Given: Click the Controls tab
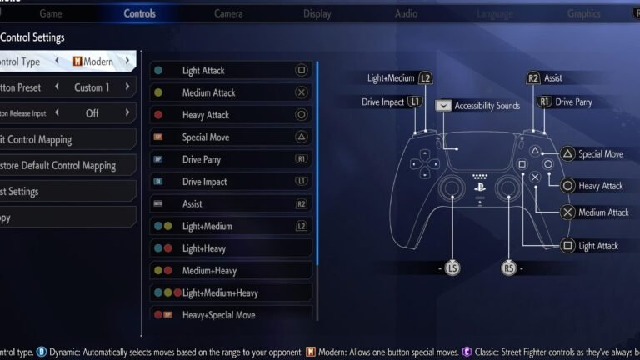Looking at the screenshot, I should click(139, 13).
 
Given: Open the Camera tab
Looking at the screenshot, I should click(228, 13).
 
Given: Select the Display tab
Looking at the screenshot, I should click(317, 13).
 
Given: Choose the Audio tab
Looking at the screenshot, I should click(406, 13).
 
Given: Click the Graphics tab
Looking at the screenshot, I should click(583, 13).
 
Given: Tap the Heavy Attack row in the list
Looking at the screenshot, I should click(231, 115).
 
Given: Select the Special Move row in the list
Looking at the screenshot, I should click(231, 137).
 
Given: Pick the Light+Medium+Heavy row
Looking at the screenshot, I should click(231, 292).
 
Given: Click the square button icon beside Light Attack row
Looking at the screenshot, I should click(301, 71).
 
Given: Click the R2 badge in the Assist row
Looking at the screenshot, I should click(301, 203).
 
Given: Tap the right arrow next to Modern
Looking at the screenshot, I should click(127, 62).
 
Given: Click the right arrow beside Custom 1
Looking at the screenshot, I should click(127, 87).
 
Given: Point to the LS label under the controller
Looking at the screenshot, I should click(452, 268).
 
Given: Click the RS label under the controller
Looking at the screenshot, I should click(509, 268).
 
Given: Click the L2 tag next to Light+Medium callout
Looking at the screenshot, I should click(425, 78).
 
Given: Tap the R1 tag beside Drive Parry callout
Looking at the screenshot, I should click(545, 102).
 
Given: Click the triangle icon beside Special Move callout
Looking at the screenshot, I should click(567, 153).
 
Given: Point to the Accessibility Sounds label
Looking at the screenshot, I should click(487, 106).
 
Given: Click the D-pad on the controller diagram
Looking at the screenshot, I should click(424, 163).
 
